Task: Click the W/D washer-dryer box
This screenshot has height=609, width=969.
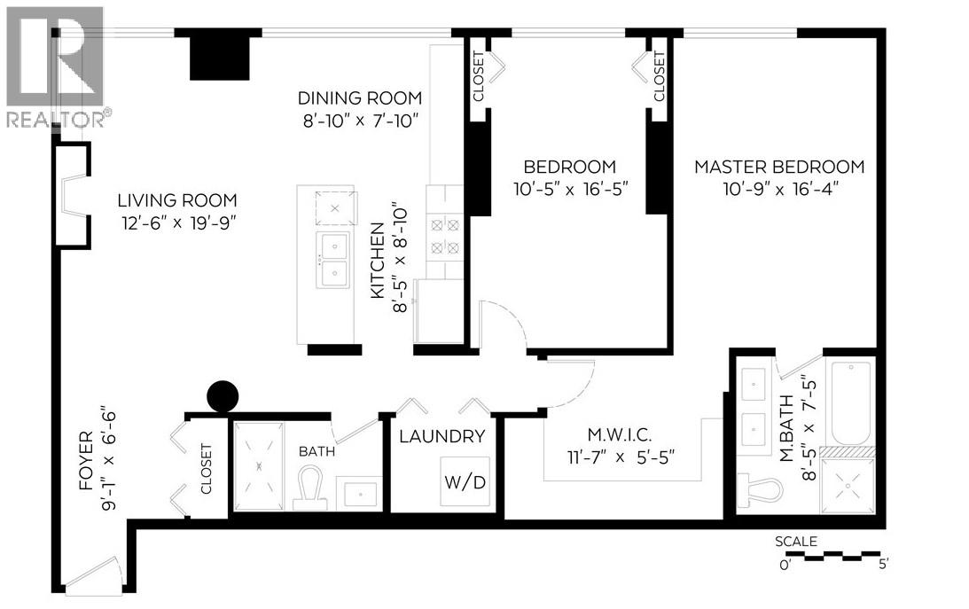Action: [465, 481]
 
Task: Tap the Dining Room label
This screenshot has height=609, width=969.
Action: [359, 98]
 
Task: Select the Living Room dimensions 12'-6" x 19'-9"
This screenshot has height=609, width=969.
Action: [179, 223]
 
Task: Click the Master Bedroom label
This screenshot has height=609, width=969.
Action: [778, 167]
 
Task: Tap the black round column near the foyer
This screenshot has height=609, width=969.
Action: [222, 396]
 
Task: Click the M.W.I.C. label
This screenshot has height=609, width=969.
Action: [621, 435]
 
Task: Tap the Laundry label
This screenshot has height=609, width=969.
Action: [442, 436]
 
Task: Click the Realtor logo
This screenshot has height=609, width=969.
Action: [55, 66]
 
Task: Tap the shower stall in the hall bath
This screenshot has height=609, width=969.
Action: [259, 466]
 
